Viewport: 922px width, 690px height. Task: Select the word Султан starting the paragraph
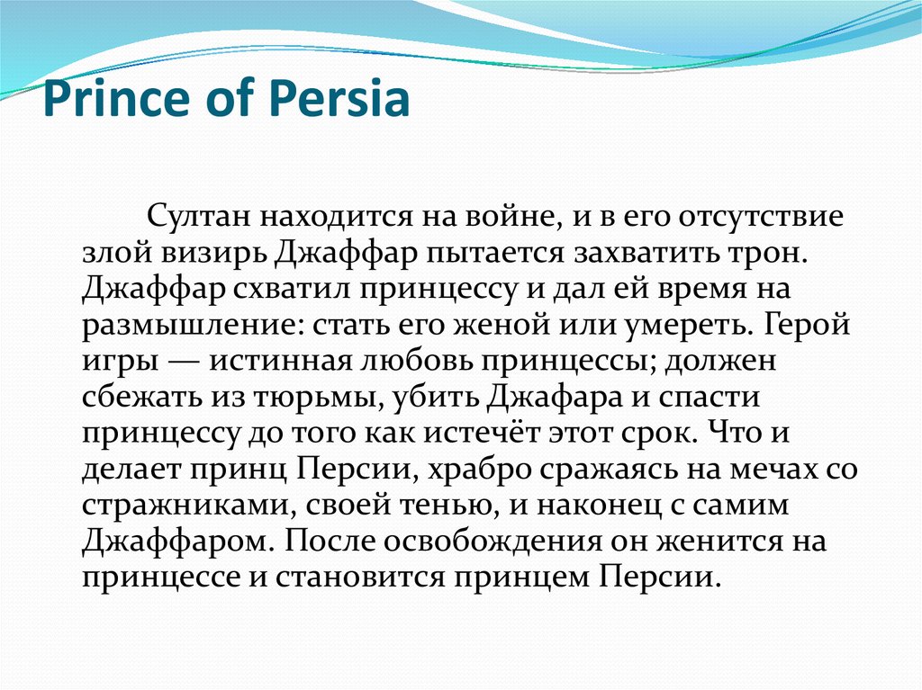tap(200, 219)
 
